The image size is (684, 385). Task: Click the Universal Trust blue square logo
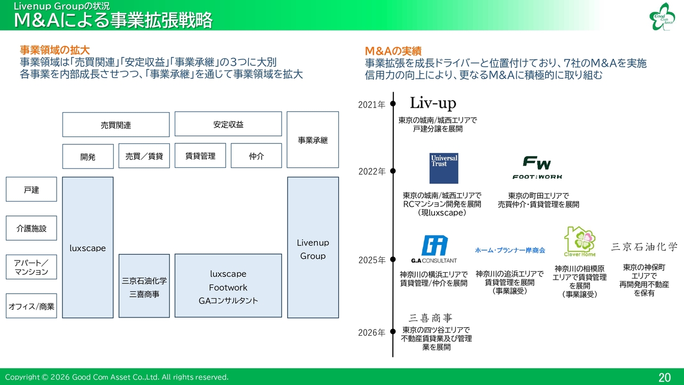click(x=444, y=168)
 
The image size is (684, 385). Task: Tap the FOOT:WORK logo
click(x=537, y=167)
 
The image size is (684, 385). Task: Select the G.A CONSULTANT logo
click(x=434, y=249)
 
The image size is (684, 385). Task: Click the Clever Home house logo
click(x=580, y=241)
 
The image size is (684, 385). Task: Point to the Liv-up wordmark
click(x=433, y=103)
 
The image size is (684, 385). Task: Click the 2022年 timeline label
click(x=372, y=172)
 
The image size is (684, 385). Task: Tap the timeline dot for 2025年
click(x=393, y=259)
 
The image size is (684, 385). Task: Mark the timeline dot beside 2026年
click(x=393, y=332)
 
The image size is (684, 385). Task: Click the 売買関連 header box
click(x=116, y=125)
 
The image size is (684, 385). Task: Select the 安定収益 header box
click(x=228, y=124)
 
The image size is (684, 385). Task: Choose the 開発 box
click(x=88, y=157)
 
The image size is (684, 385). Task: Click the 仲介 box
click(x=256, y=156)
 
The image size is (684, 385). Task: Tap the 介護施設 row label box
click(x=32, y=228)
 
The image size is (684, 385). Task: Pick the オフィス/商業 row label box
click(x=32, y=306)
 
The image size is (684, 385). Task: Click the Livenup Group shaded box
click(x=313, y=248)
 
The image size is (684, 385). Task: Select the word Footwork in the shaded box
click(x=228, y=288)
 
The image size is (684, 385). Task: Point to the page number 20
click(x=664, y=378)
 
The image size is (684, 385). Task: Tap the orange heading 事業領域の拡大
click(x=55, y=50)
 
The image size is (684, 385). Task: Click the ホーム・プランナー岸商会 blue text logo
click(x=510, y=250)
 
